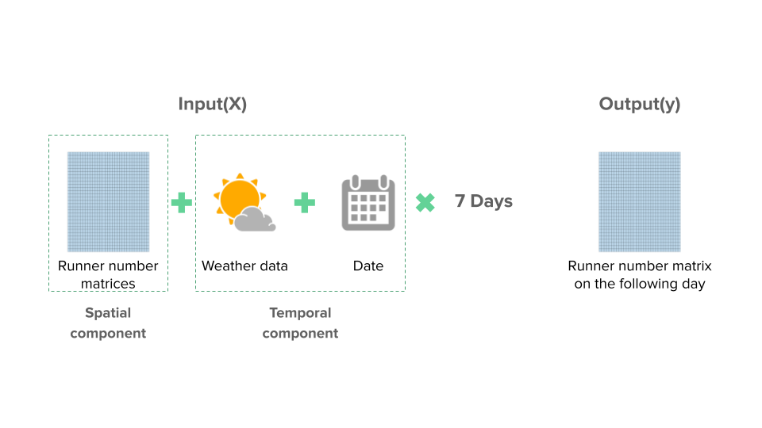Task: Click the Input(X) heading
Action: click(x=213, y=104)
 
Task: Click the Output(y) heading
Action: click(x=640, y=104)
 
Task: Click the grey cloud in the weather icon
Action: click(x=255, y=219)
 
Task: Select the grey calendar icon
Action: click(x=368, y=203)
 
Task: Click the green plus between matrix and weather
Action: click(x=182, y=203)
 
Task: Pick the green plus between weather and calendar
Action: click(x=305, y=203)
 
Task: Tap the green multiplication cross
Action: click(x=425, y=203)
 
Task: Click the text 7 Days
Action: click(x=483, y=201)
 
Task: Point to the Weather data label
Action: click(x=245, y=266)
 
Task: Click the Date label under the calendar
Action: click(x=368, y=266)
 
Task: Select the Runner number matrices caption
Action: click(x=108, y=275)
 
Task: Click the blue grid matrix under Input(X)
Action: click(x=109, y=202)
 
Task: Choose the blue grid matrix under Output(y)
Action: click(x=640, y=202)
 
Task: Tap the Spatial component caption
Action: click(x=108, y=323)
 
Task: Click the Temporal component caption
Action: click(x=300, y=323)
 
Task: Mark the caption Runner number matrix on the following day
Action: click(x=640, y=275)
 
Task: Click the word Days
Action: click(x=491, y=201)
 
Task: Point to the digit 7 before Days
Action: click(x=460, y=201)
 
